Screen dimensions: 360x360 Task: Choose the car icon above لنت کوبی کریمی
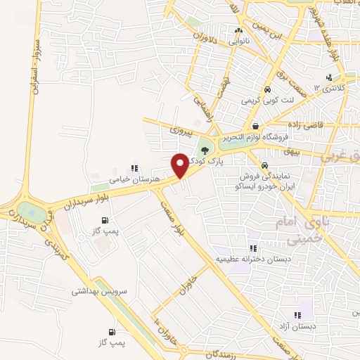point(268,91)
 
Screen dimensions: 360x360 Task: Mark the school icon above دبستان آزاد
point(297,315)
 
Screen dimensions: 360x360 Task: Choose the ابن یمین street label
point(269,30)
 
